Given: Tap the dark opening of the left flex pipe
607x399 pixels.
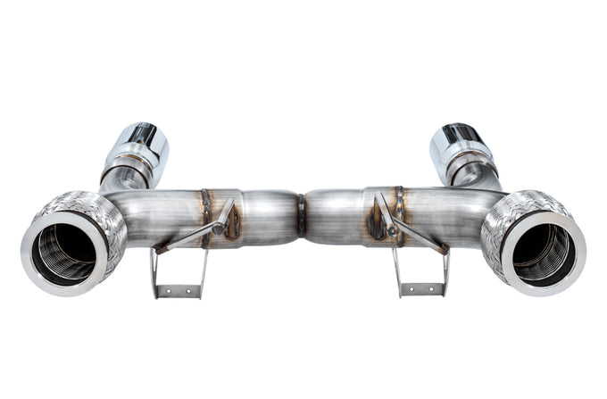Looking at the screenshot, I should [64, 249].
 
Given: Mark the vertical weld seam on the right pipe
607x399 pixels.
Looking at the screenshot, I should [398, 214].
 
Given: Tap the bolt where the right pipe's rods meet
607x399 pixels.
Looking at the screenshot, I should [392, 230].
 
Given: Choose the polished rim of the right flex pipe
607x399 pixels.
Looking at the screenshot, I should [571, 268].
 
